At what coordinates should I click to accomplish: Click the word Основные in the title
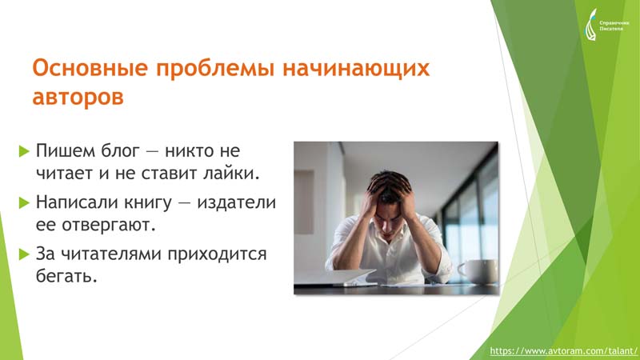point(90,68)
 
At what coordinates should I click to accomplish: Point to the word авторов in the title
point(78,98)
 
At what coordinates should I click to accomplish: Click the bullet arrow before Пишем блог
point(25,151)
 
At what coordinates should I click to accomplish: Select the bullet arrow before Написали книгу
point(25,203)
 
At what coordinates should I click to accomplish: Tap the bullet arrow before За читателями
point(25,254)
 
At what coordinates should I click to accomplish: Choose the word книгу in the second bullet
point(147,203)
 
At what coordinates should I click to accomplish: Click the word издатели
point(236,203)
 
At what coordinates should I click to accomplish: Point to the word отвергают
point(109,226)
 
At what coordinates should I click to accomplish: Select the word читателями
point(110,254)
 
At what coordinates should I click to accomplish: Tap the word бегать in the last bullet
point(66,277)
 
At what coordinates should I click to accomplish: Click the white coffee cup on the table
point(478,271)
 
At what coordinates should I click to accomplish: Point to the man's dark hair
point(389,186)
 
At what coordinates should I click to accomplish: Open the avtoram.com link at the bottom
point(563,351)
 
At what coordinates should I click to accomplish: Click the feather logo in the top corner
point(590,25)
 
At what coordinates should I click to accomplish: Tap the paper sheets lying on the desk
point(350,277)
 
